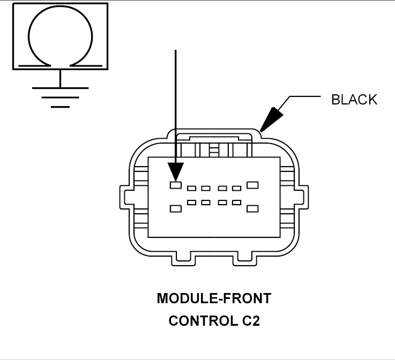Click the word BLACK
(x=354, y=100)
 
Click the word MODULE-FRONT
(x=214, y=298)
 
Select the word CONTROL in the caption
(x=199, y=321)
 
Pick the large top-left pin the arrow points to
(x=176, y=185)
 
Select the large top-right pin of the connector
(x=252, y=185)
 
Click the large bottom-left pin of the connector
(x=176, y=208)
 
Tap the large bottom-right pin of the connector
(x=252, y=208)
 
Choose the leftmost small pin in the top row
(x=191, y=188)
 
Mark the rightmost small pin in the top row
(x=236, y=188)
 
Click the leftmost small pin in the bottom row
(x=191, y=202)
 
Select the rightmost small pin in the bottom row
(x=236, y=202)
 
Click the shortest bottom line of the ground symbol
(x=60, y=107)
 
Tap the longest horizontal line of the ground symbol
(x=60, y=87)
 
